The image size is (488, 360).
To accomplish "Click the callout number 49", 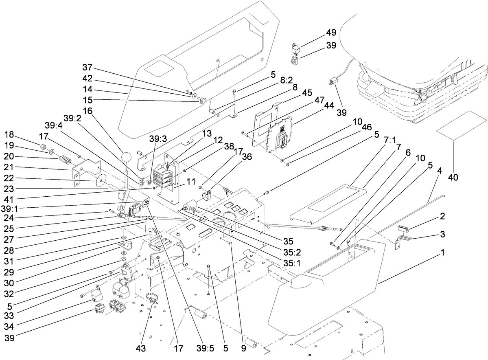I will point(330,33).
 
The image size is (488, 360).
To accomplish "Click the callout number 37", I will point(88,67).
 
